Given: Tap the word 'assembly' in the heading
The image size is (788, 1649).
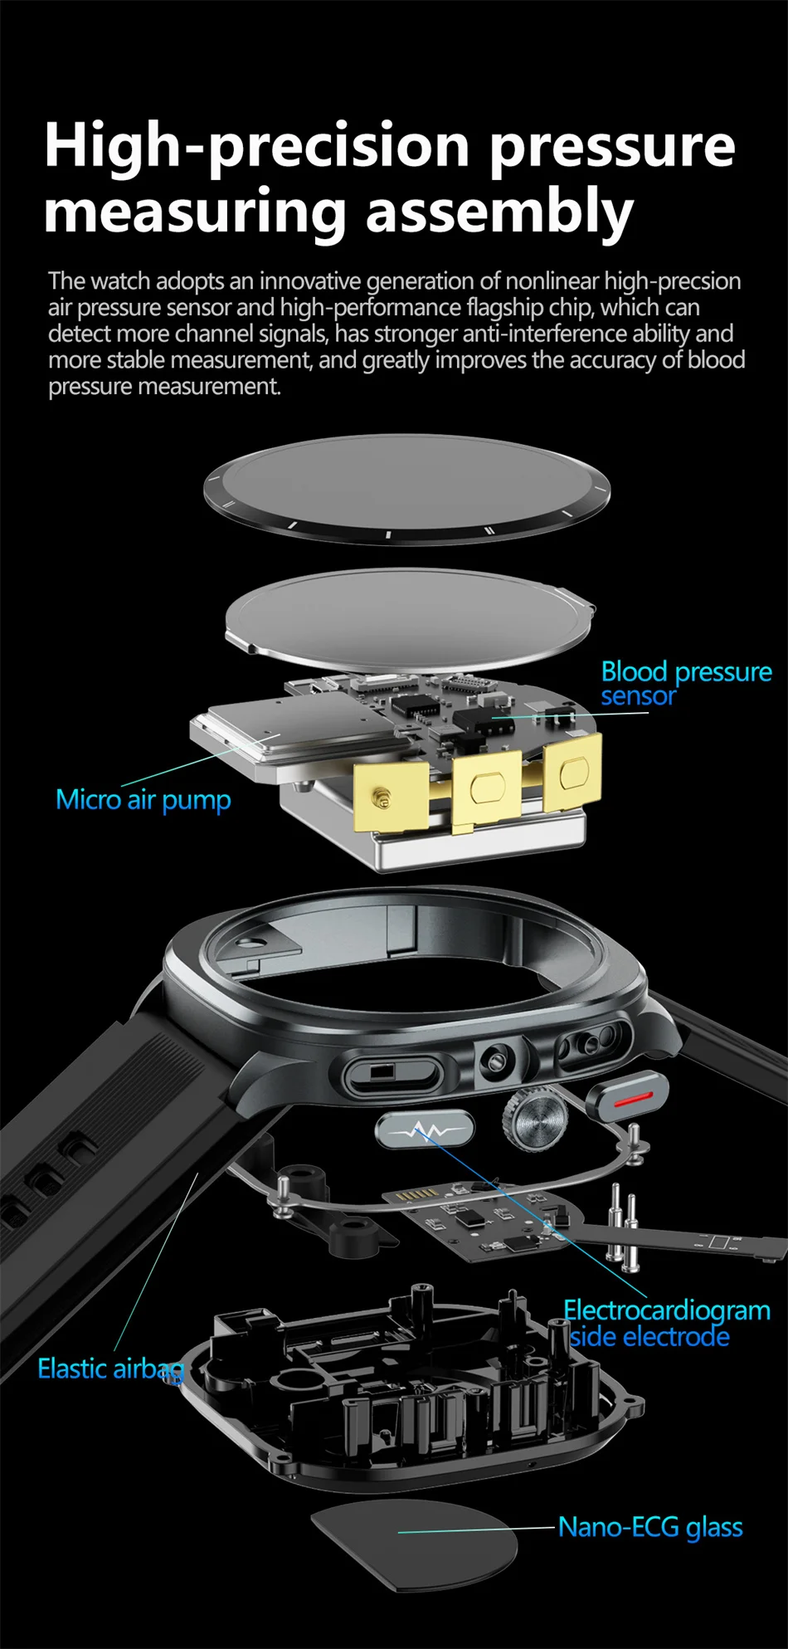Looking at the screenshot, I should tap(499, 212).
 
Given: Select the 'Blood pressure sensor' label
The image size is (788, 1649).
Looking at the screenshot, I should tap(685, 683).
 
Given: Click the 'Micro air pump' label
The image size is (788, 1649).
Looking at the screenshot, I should tap(143, 799).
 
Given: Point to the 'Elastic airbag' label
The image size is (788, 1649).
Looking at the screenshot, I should tap(109, 1368).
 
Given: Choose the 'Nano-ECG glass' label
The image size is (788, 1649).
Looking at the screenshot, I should tap(649, 1527).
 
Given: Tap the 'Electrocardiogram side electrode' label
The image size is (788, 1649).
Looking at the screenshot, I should tap(666, 1323).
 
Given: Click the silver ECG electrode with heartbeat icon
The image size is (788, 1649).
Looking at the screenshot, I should tap(425, 1130).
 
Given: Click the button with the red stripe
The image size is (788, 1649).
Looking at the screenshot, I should tap(628, 1096).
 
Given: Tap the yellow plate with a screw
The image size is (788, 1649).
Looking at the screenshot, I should tap(390, 798).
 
